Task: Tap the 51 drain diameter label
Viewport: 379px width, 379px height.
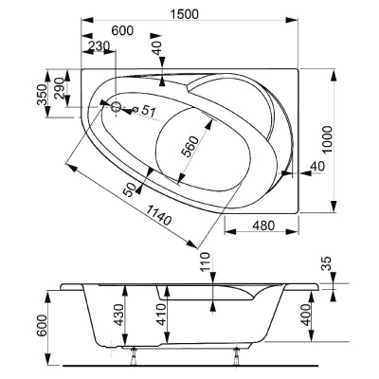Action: tap(148, 113)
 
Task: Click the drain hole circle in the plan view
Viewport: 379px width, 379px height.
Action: tap(118, 107)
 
